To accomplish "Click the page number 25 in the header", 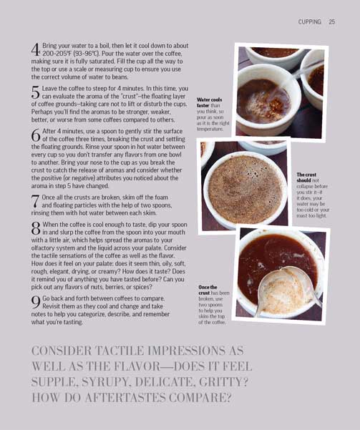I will click(x=331, y=22).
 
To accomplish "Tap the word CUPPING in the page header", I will click(x=309, y=22).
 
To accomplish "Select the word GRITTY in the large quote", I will click(x=218, y=381).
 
